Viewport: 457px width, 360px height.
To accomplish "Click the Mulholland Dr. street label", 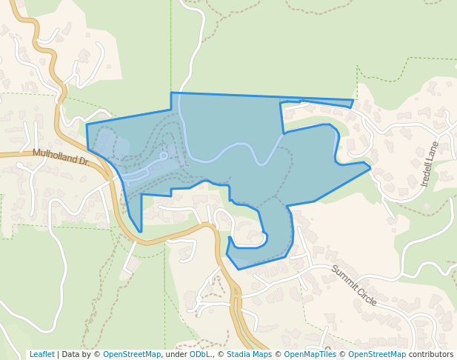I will pos(60,157).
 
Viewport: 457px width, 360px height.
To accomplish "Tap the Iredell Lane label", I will pos(430,163).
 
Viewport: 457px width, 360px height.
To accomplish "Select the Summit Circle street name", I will pos(353,285).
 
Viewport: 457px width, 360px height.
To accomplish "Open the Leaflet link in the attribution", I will pos(41,355).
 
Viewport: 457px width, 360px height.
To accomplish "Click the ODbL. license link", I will pos(201,355).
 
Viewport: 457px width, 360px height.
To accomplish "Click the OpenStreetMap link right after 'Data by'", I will pos(132,355).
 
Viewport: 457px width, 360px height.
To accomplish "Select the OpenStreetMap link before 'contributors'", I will pos(377,355).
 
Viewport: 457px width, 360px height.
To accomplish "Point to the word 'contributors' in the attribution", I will pos(430,355).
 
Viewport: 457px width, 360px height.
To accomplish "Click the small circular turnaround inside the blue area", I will pos(164,156).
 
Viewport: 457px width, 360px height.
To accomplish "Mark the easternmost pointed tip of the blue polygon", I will pos(370,168).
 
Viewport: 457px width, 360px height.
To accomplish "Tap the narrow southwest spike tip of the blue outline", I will pos(139,231).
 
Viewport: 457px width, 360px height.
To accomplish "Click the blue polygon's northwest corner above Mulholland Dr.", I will pos(87,125).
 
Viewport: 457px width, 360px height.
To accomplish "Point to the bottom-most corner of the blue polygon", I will pos(238,268).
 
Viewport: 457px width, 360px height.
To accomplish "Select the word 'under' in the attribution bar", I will pos(176,355).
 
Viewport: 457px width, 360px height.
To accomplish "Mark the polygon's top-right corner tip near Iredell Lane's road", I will pos(353,101).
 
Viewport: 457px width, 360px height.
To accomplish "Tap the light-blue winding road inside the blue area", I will pos(222,152).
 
